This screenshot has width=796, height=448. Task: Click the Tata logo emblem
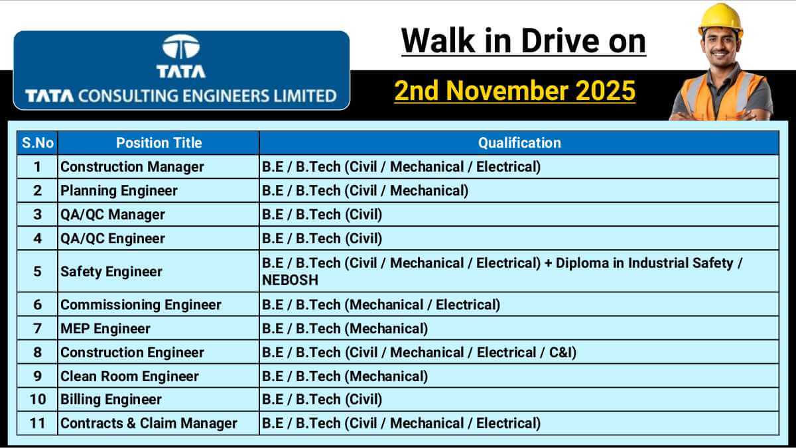[x=180, y=48]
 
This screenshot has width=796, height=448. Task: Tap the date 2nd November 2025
[x=515, y=91]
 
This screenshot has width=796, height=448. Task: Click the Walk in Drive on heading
[x=523, y=41]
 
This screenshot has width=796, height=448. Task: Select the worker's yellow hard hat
[x=720, y=18]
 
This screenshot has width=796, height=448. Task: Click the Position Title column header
[x=159, y=142]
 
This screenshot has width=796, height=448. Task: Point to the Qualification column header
[x=519, y=142]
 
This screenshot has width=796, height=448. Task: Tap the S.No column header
[x=38, y=142]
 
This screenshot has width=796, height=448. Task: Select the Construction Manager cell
[x=132, y=166]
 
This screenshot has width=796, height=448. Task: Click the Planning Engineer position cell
[x=119, y=191]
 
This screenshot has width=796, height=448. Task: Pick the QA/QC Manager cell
[x=113, y=215]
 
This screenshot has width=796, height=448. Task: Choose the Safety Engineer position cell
[x=111, y=272]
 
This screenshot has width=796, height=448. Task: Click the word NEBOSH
[x=290, y=280]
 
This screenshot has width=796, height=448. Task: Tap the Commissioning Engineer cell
[x=141, y=305]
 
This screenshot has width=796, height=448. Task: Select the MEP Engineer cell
[x=105, y=329]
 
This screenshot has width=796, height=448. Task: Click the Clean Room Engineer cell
[x=129, y=376]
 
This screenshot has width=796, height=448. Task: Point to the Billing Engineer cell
[x=111, y=400]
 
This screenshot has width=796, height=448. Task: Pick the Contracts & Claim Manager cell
[x=149, y=423]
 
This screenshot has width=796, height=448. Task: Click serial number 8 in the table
[x=38, y=353]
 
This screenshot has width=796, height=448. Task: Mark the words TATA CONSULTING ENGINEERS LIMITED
[x=181, y=96]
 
